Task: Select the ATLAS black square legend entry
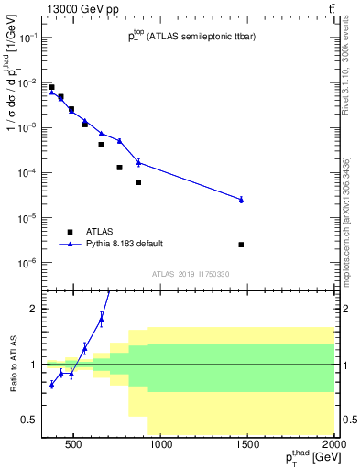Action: point(70,231)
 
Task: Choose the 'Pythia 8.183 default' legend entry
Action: point(70,244)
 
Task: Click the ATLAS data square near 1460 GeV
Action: point(241,245)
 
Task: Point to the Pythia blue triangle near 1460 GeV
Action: point(241,199)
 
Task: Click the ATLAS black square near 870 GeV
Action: point(138,182)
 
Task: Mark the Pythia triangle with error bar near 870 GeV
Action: point(138,162)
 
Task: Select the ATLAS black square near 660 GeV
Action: point(102,145)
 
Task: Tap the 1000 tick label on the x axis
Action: point(161,446)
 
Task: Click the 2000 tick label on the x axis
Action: point(334,446)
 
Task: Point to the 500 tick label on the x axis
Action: point(75,446)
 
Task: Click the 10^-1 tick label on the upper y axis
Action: point(29,38)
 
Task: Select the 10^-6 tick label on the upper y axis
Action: point(29,263)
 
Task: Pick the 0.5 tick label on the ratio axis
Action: point(28,420)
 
